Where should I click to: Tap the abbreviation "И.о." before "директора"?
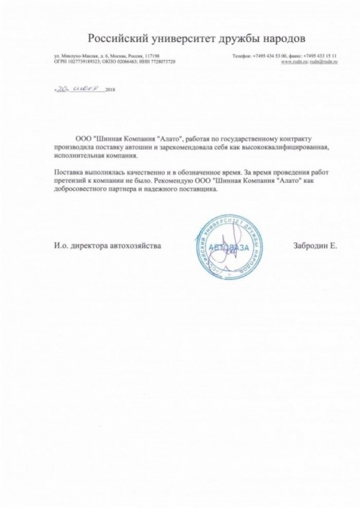click(61, 245)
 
